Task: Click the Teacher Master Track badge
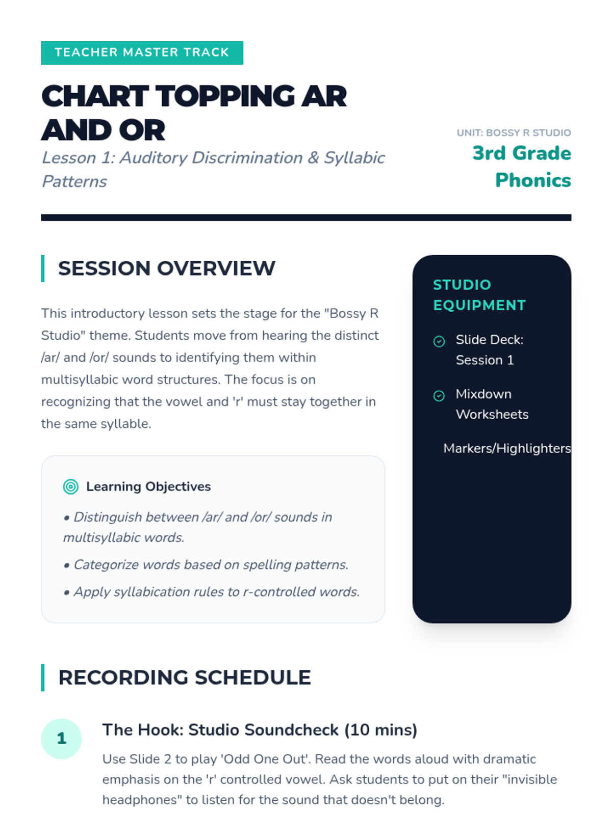click(x=142, y=53)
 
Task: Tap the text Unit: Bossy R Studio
click(x=514, y=132)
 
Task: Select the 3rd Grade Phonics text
click(x=522, y=167)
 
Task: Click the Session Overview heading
click(x=166, y=268)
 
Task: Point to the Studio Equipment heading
click(x=479, y=295)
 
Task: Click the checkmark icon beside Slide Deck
click(x=439, y=341)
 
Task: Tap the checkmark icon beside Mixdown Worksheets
click(x=439, y=396)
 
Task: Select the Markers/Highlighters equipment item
click(x=507, y=448)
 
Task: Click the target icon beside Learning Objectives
click(x=70, y=486)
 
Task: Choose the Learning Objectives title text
click(x=148, y=486)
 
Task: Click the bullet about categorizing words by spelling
click(x=206, y=564)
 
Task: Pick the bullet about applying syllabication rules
click(x=212, y=591)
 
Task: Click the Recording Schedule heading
click(x=185, y=677)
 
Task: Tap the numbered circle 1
click(x=61, y=739)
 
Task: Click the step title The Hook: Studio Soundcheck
click(x=260, y=729)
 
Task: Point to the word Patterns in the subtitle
click(x=74, y=181)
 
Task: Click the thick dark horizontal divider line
click(x=306, y=217)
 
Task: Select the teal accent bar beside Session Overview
click(x=43, y=268)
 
